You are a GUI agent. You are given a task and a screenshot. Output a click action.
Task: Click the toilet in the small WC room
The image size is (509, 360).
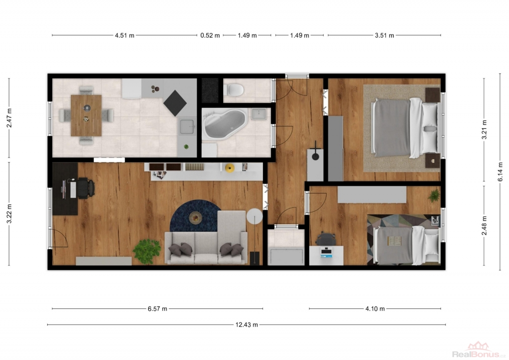tap(234, 90)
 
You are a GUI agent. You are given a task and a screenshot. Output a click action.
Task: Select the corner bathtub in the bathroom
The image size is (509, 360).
tap(224, 125)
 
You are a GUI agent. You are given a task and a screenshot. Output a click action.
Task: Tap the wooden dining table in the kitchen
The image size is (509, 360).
tap(86, 115)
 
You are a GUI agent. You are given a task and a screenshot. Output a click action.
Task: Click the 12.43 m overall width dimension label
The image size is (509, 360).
tap(247, 325)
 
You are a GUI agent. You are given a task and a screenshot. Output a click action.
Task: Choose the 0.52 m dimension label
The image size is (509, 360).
tap(210, 35)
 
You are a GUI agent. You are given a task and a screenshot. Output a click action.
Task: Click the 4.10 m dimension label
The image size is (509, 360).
tap(375, 309)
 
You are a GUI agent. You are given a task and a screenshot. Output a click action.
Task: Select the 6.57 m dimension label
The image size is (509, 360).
tap(158, 309)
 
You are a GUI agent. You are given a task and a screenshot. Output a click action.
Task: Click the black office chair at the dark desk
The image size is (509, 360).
tap(85, 188)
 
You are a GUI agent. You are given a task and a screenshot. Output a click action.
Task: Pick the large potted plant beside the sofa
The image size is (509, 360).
tap(147, 251)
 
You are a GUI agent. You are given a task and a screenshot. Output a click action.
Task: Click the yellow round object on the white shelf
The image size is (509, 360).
tap(230, 168)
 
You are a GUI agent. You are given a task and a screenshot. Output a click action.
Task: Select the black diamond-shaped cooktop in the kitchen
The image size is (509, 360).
tap(175, 103)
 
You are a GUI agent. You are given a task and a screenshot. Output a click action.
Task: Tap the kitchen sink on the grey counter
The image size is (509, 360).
tap(187, 127)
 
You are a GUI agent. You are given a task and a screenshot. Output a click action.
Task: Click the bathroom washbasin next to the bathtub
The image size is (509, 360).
tap(258, 114)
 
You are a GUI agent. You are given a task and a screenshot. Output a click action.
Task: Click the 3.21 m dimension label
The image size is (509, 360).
tap(484, 130)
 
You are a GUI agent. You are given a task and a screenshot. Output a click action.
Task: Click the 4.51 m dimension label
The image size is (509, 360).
tap(125, 35)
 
